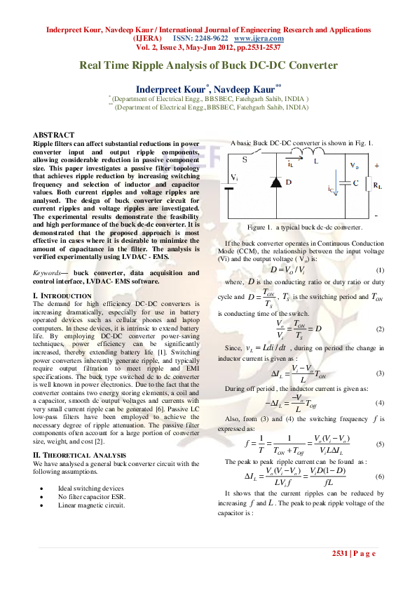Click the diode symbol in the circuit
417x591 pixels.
277,181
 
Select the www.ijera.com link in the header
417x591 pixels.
253,38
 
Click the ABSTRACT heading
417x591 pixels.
53,134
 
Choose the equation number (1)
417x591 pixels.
380,270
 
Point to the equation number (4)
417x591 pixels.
380,403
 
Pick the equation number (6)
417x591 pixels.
380,477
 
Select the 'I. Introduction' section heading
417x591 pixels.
62,296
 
